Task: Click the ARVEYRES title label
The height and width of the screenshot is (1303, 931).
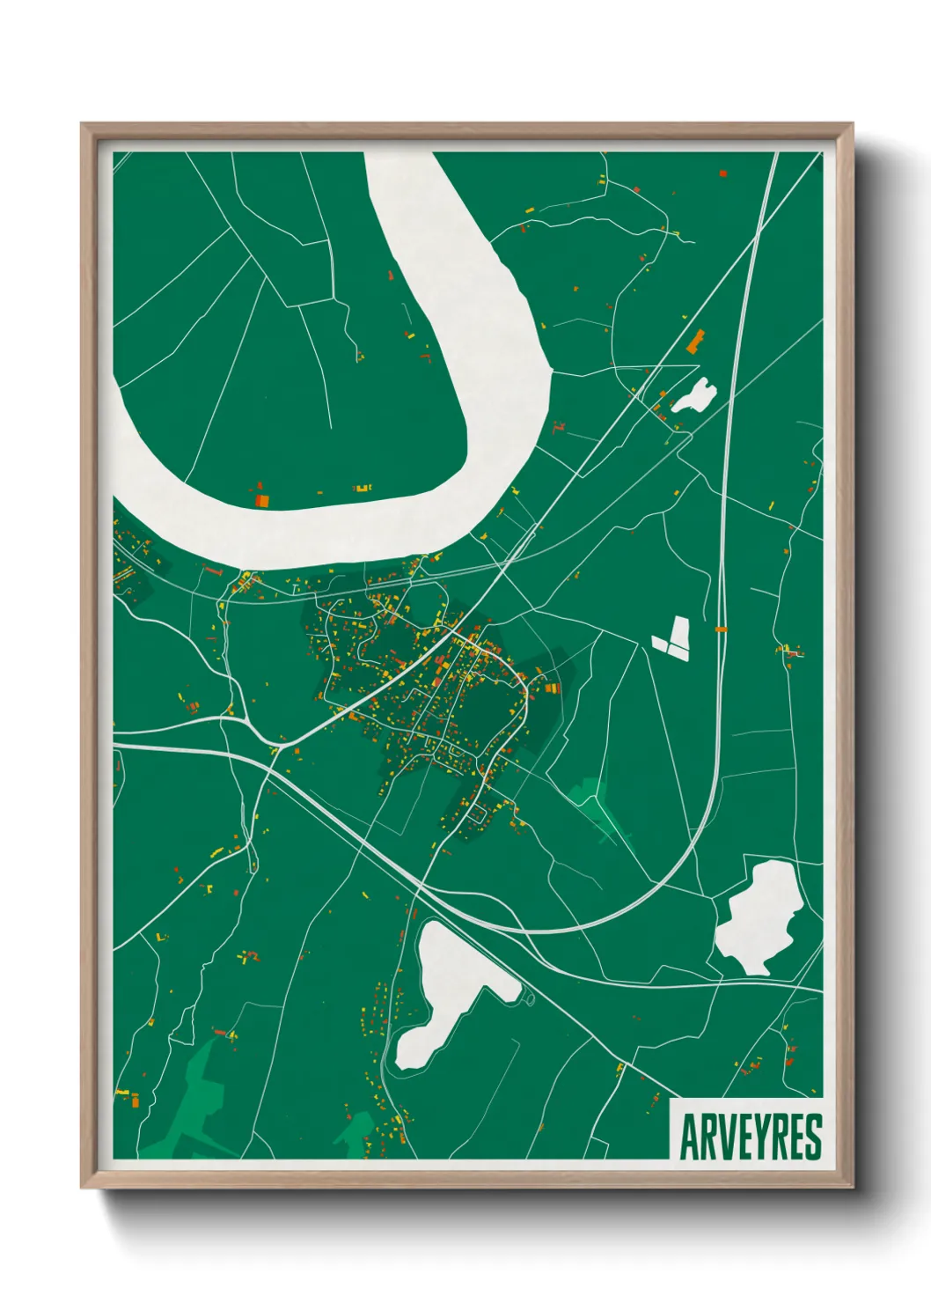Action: [x=750, y=1136]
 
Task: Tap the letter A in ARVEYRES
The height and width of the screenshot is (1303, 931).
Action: [x=688, y=1137]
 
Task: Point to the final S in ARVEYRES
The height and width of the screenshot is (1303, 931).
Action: [x=813, y=1137]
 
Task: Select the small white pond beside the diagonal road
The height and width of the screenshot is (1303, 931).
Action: [x=694, y=396]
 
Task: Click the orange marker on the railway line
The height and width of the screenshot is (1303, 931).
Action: [x=721, y=629]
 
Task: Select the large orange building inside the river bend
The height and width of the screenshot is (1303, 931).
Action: [x=261, y=500]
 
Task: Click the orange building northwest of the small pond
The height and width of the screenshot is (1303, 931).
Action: [x=697, y=342]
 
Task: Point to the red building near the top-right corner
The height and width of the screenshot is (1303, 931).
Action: [x=722, y=173]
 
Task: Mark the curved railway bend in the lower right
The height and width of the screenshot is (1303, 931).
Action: [x=678, y=872]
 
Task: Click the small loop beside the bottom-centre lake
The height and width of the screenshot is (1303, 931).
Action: [x=530, y=997]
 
